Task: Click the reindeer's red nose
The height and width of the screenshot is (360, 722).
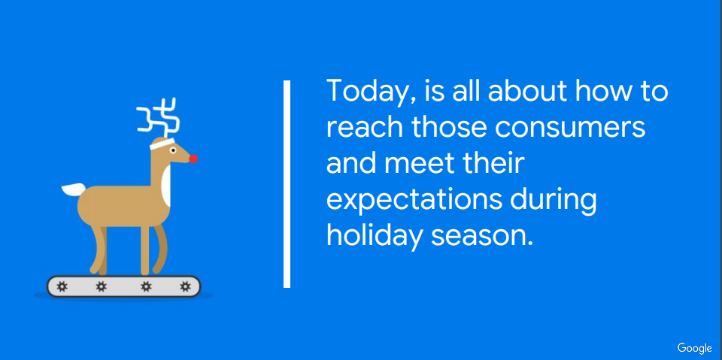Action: tap(193, 159)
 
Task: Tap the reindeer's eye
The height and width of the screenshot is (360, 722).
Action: tap(173, 150)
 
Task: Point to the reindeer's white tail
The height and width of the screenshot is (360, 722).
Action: tap(74, 189)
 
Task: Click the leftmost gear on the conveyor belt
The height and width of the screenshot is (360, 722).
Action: tap(62, 287)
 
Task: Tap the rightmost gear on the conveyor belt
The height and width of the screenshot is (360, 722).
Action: tap(186, 287)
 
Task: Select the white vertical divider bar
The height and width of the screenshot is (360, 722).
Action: tap(287, 184)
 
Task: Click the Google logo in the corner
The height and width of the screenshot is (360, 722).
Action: tap(694, 349)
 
